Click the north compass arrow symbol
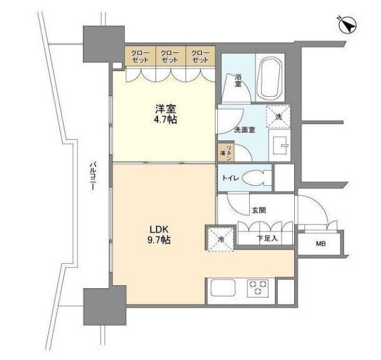[348, 25]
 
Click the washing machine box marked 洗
[279, 117]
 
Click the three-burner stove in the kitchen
[258, 288]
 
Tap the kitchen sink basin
[223, 288]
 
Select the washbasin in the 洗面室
[280, 145]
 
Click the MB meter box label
[321, 243]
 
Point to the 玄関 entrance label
[259, 210]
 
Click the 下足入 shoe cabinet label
[267, 238]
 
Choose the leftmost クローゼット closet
[140, 56]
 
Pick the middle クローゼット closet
[171, 56]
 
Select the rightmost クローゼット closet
[200, 56]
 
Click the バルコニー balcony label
[92, 176]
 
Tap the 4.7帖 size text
[166, 120]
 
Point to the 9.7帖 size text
[159, 240]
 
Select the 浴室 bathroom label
[238, 80]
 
